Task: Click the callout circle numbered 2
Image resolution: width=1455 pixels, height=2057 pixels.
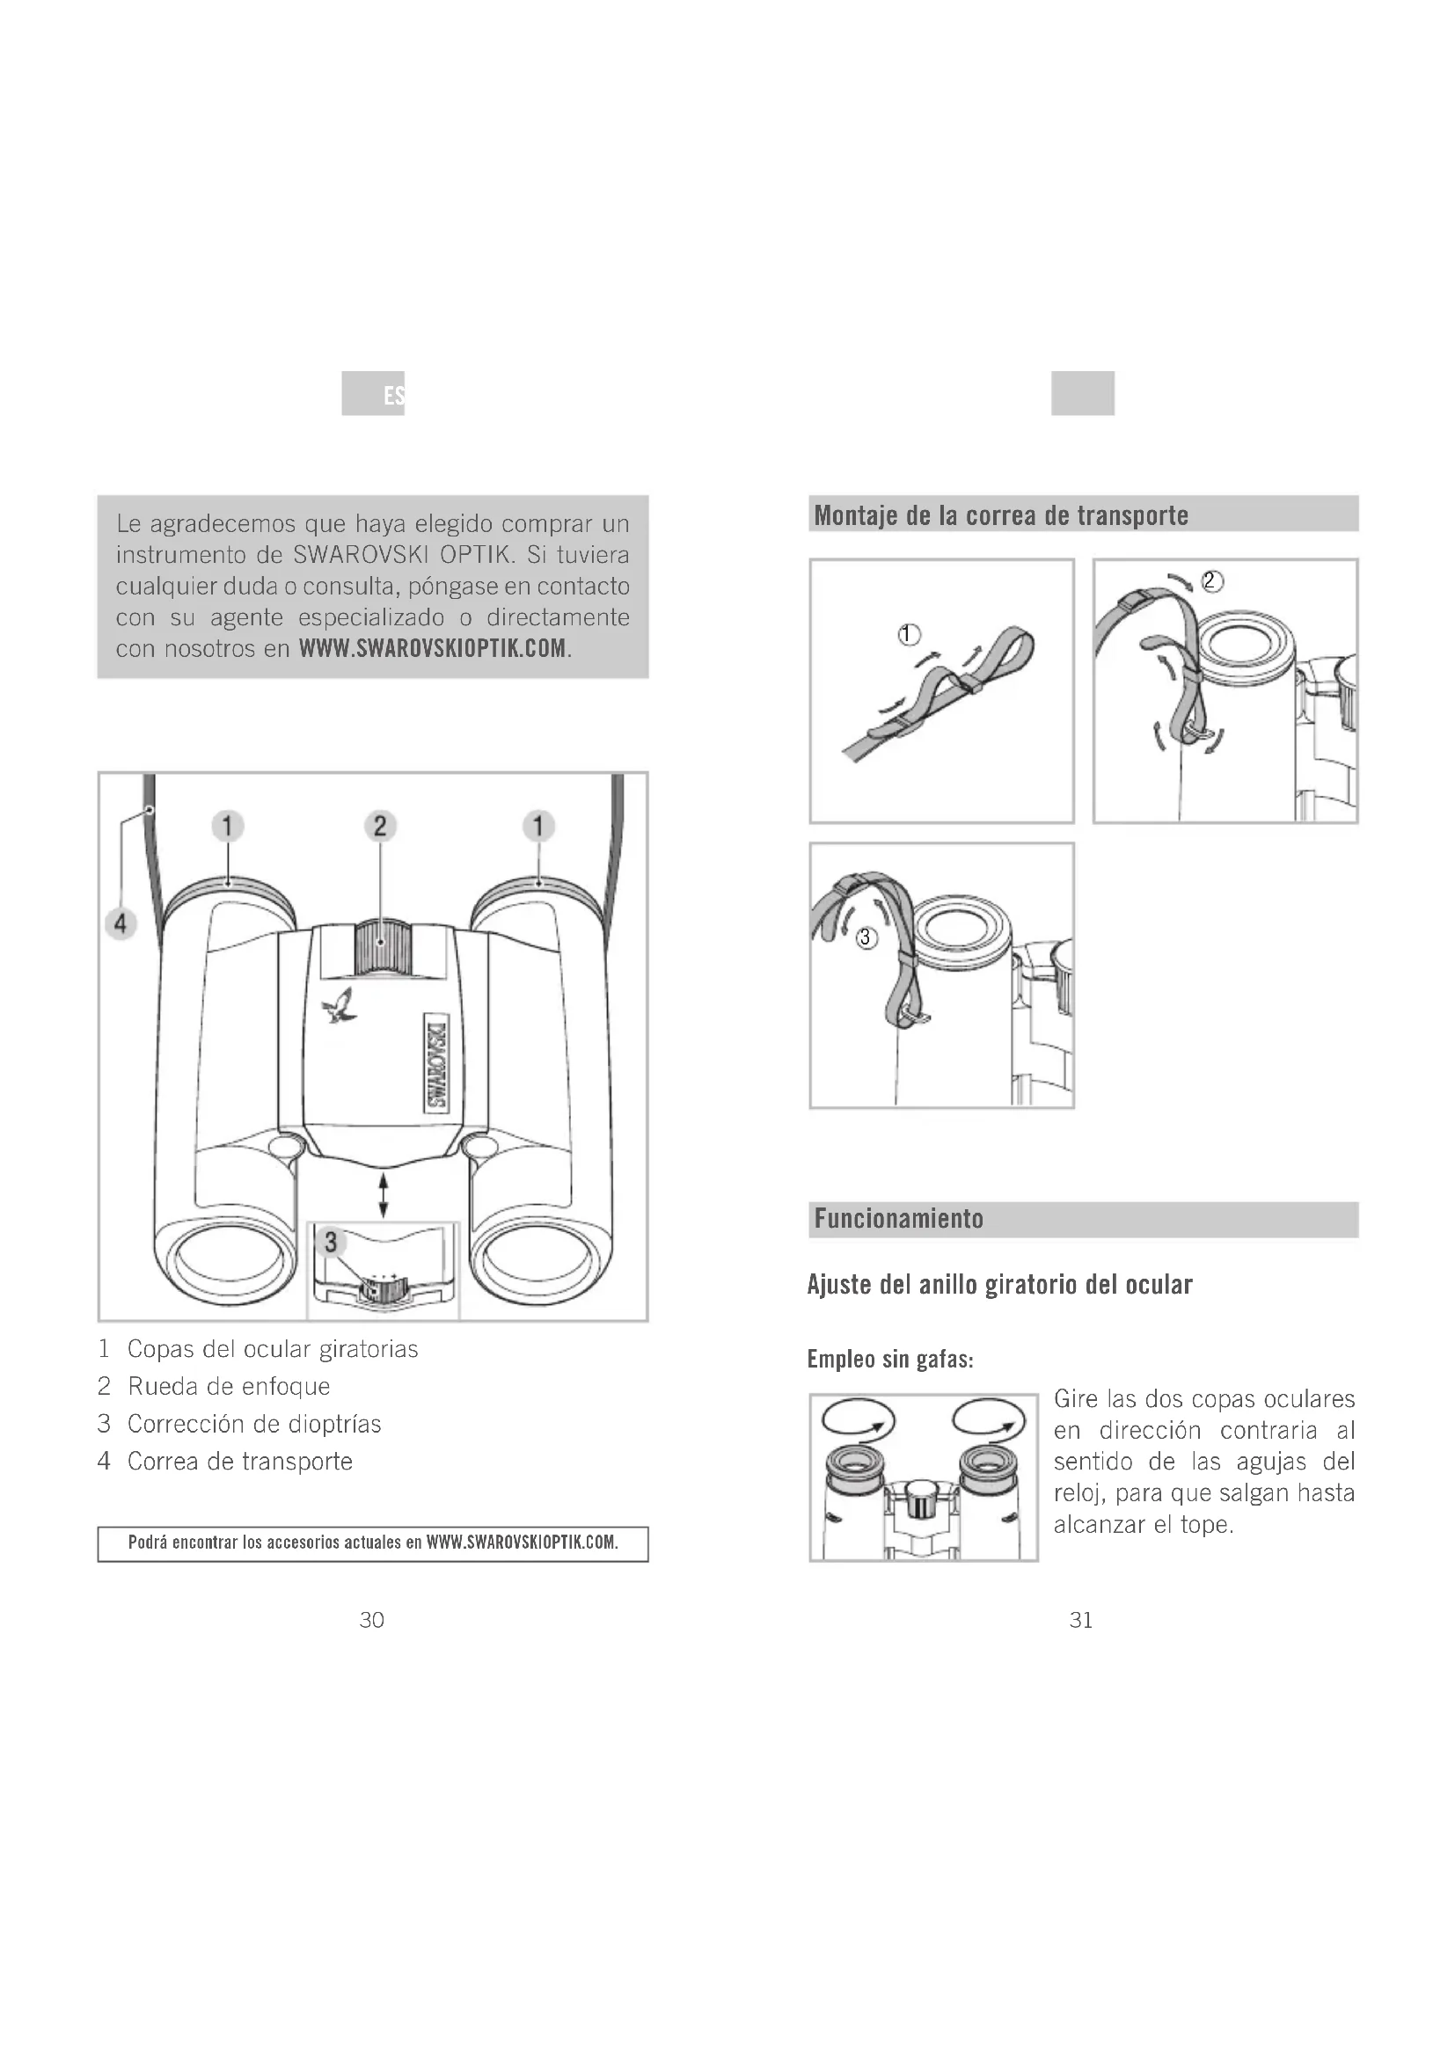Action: [x=380, y=825]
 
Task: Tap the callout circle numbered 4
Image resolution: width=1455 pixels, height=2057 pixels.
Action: [x=121, y=923]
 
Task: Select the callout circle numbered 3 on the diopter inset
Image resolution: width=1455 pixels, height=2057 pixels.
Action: [x=331, y=1243]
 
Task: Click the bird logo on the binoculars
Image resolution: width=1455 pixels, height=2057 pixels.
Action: [x=340, y=1006]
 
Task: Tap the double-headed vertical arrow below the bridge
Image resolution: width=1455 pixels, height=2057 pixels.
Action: [x=384, y=1195]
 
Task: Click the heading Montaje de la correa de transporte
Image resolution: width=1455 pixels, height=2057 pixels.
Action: [x=1001, y=516]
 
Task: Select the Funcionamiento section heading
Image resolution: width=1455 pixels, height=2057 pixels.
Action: [x=899, y=1218]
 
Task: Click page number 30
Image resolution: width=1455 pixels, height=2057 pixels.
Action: [x=372, y=1620]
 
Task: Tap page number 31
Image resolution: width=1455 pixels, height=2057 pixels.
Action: [x=1081, y=1620]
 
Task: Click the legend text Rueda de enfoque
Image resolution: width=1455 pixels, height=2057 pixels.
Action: [x=229, y=1387]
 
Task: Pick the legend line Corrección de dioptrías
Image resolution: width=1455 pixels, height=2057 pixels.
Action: [x=254, y=1425]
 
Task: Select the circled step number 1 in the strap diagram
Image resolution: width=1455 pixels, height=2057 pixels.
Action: [x=909, y=635]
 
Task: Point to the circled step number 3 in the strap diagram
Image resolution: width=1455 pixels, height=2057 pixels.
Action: [x=865, y=938]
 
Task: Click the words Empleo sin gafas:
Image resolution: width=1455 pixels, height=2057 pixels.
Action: [x=890, y=1359]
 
